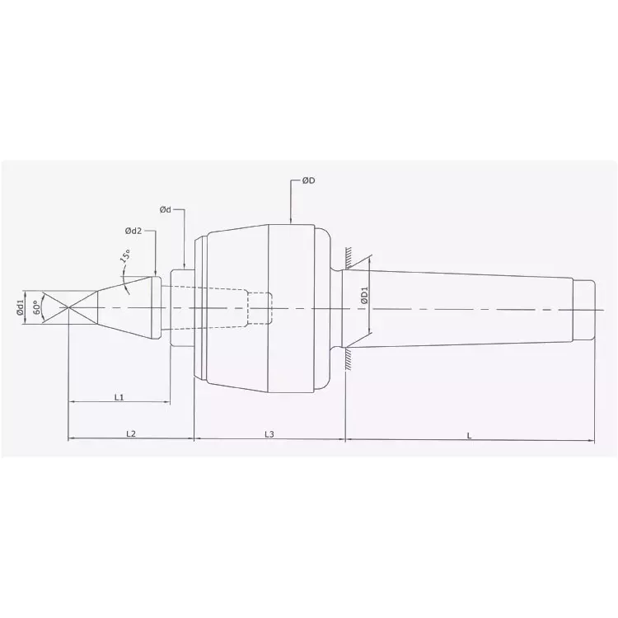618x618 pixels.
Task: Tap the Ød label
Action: (x=166, y=210)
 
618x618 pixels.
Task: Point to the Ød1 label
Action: (x=20, y=308)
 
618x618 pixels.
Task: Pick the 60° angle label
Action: (x=36, y=308)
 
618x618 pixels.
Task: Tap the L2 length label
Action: (x=130, y=433)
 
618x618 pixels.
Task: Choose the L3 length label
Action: (x=269, y=433)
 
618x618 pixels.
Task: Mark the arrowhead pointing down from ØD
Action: (x=292, y=220)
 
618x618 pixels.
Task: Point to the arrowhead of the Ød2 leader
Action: (x=155, y=274)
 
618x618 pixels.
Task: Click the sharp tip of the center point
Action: (x=68, y=308)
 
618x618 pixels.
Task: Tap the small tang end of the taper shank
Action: (x=583, y=308)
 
